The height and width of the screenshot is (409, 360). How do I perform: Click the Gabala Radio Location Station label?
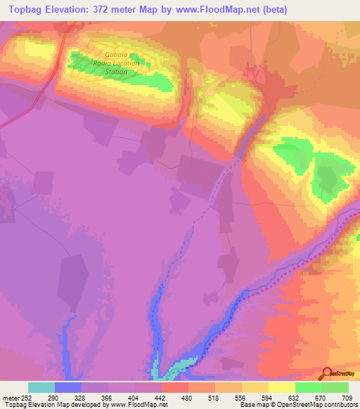pos(123,63)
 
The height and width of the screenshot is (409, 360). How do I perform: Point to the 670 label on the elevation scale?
pos(321,398)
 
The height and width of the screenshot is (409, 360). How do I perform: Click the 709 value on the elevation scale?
pos(348,398)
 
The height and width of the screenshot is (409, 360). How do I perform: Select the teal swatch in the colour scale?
pos(41,387)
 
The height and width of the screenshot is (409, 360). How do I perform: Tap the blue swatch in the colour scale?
pos(68,387)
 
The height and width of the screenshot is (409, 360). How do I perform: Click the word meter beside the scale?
pos(12,398)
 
